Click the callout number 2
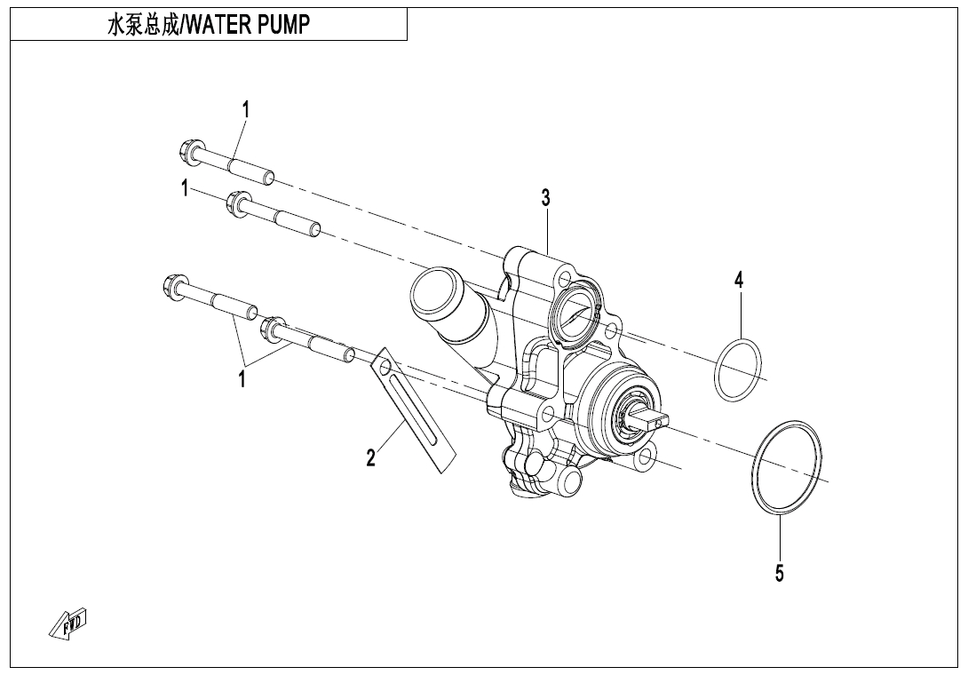(371, 457)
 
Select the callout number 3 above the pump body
(547, 198)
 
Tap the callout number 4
(738, 280)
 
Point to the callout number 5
(779, 574)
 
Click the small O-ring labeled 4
(737, 369)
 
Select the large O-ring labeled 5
(787, 467)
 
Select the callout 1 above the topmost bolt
(246, 109)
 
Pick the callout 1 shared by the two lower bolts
(241, 379)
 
